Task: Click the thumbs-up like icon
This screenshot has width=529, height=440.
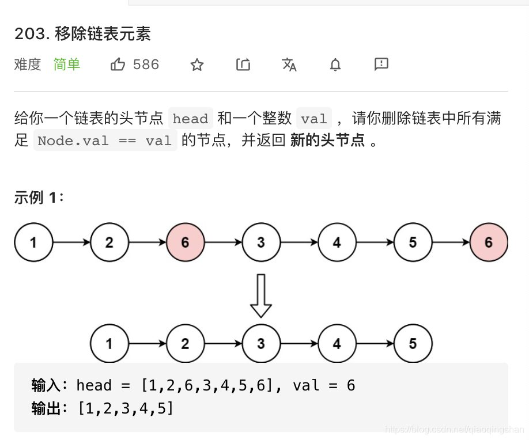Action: point(118,65)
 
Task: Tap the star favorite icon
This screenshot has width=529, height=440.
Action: point(197,65)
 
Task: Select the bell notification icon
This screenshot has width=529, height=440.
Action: point(335,65)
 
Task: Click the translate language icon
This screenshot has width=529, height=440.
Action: point(289,65)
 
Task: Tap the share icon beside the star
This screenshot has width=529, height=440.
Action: point(243,65)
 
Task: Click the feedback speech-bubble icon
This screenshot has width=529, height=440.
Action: point(381,64)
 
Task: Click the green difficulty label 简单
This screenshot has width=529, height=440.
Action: point(67,65)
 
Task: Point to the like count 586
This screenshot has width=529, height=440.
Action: point(146,65)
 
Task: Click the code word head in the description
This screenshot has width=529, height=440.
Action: point(190,119)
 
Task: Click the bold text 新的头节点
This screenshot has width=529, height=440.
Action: point(327,141)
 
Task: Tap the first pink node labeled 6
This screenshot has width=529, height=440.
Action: point(185,242)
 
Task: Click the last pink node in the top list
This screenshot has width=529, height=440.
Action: point(489,242)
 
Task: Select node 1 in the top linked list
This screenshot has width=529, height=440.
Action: point(33,242)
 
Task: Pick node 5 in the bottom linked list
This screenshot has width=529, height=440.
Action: point(413,344)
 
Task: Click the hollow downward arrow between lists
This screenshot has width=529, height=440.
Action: point(261,295)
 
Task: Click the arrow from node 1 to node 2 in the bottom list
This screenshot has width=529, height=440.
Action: point(147,344)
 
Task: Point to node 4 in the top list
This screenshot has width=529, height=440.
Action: point(337,242)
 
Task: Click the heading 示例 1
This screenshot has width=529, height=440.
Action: point(39,198)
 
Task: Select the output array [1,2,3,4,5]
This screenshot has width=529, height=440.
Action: point(126,409)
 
